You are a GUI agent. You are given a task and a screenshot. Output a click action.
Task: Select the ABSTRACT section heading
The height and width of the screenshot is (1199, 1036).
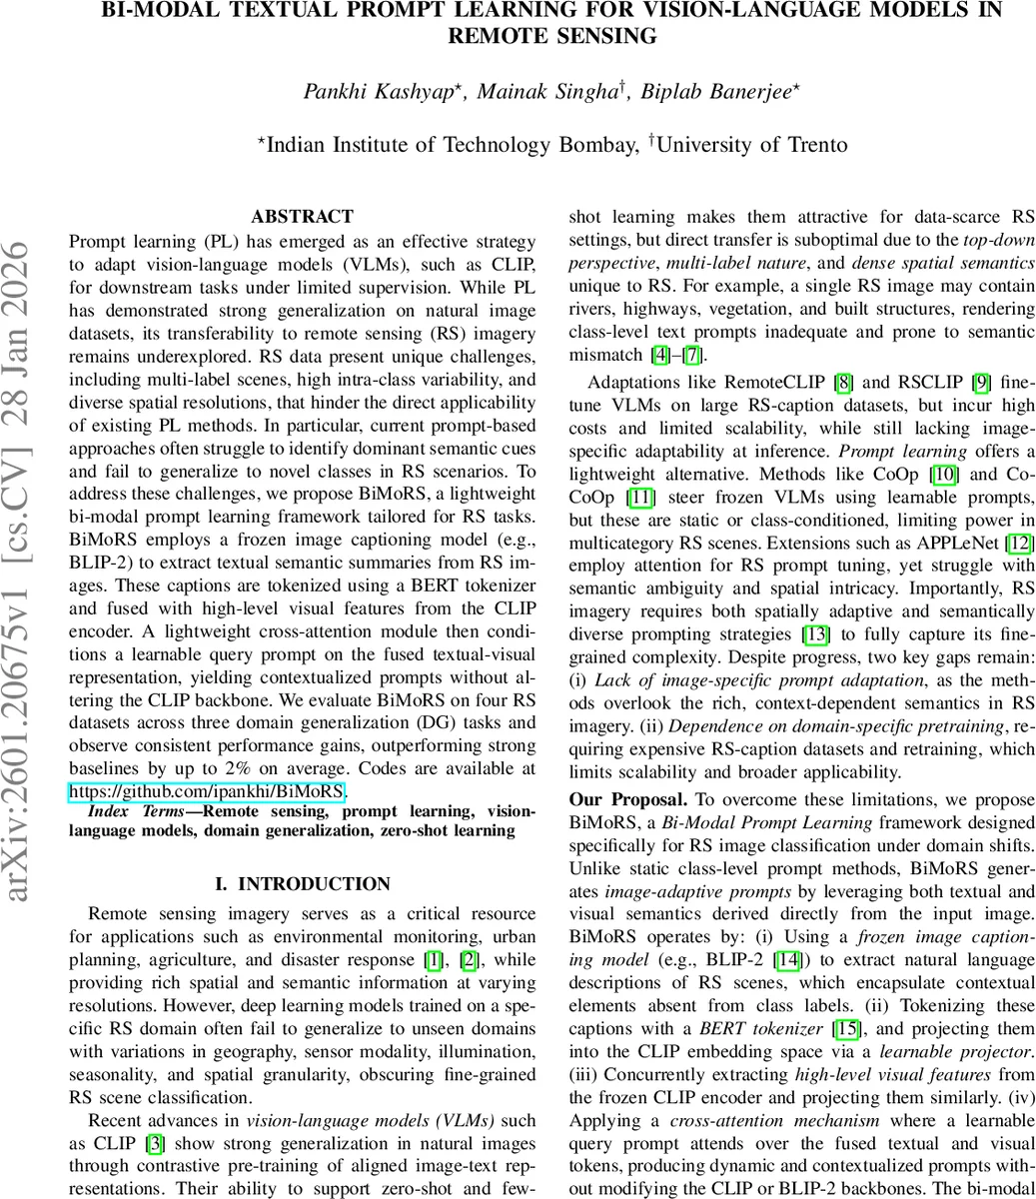(302, 216)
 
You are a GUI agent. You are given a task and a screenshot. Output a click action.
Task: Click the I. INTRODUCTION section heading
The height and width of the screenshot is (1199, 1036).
(302, 883)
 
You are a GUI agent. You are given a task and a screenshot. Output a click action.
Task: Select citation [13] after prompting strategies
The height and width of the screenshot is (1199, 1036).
(815, 633)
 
